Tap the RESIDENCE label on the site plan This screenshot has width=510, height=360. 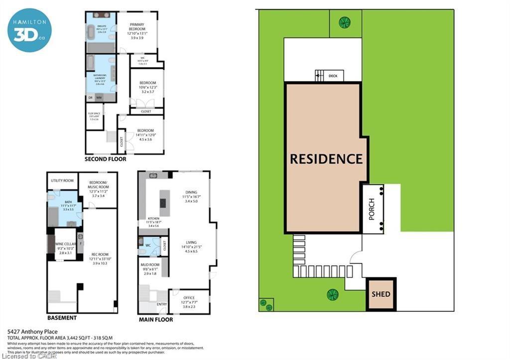[x=326, y=159]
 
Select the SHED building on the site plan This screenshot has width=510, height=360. [x=381, y=294]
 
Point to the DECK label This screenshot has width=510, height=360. [x=333, y=76]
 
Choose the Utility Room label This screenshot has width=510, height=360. [x=62, y=181]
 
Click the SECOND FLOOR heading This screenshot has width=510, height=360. [x=105, y=159]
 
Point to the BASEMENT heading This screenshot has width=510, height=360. [x=62, y=318]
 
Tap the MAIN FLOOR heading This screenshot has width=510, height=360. [x=156, y=319]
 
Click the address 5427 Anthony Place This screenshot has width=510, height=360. [x=33, y=332]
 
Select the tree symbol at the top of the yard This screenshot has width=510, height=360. [x=344, y=21]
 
